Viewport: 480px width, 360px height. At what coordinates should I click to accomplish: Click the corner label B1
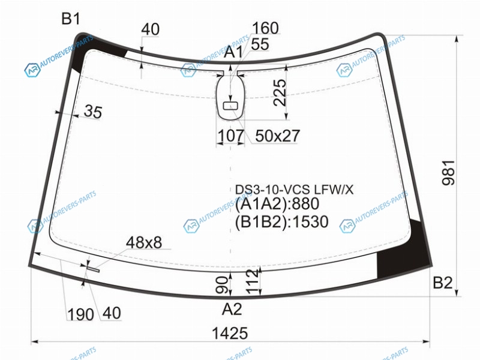71,19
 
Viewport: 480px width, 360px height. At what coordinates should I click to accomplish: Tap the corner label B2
443,283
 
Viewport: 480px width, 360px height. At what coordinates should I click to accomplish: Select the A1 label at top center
233,52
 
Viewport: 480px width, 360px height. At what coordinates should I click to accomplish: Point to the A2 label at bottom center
232,309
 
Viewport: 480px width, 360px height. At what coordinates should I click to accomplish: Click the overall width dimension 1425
230,333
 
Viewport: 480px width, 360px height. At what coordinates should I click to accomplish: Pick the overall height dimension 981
448,173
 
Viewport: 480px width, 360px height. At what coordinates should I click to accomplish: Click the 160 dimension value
265,28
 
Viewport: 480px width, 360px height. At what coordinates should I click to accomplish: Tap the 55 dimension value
260,44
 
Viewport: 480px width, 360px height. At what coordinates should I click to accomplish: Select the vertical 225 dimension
280,92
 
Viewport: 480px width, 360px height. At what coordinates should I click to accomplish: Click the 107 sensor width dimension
230,136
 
